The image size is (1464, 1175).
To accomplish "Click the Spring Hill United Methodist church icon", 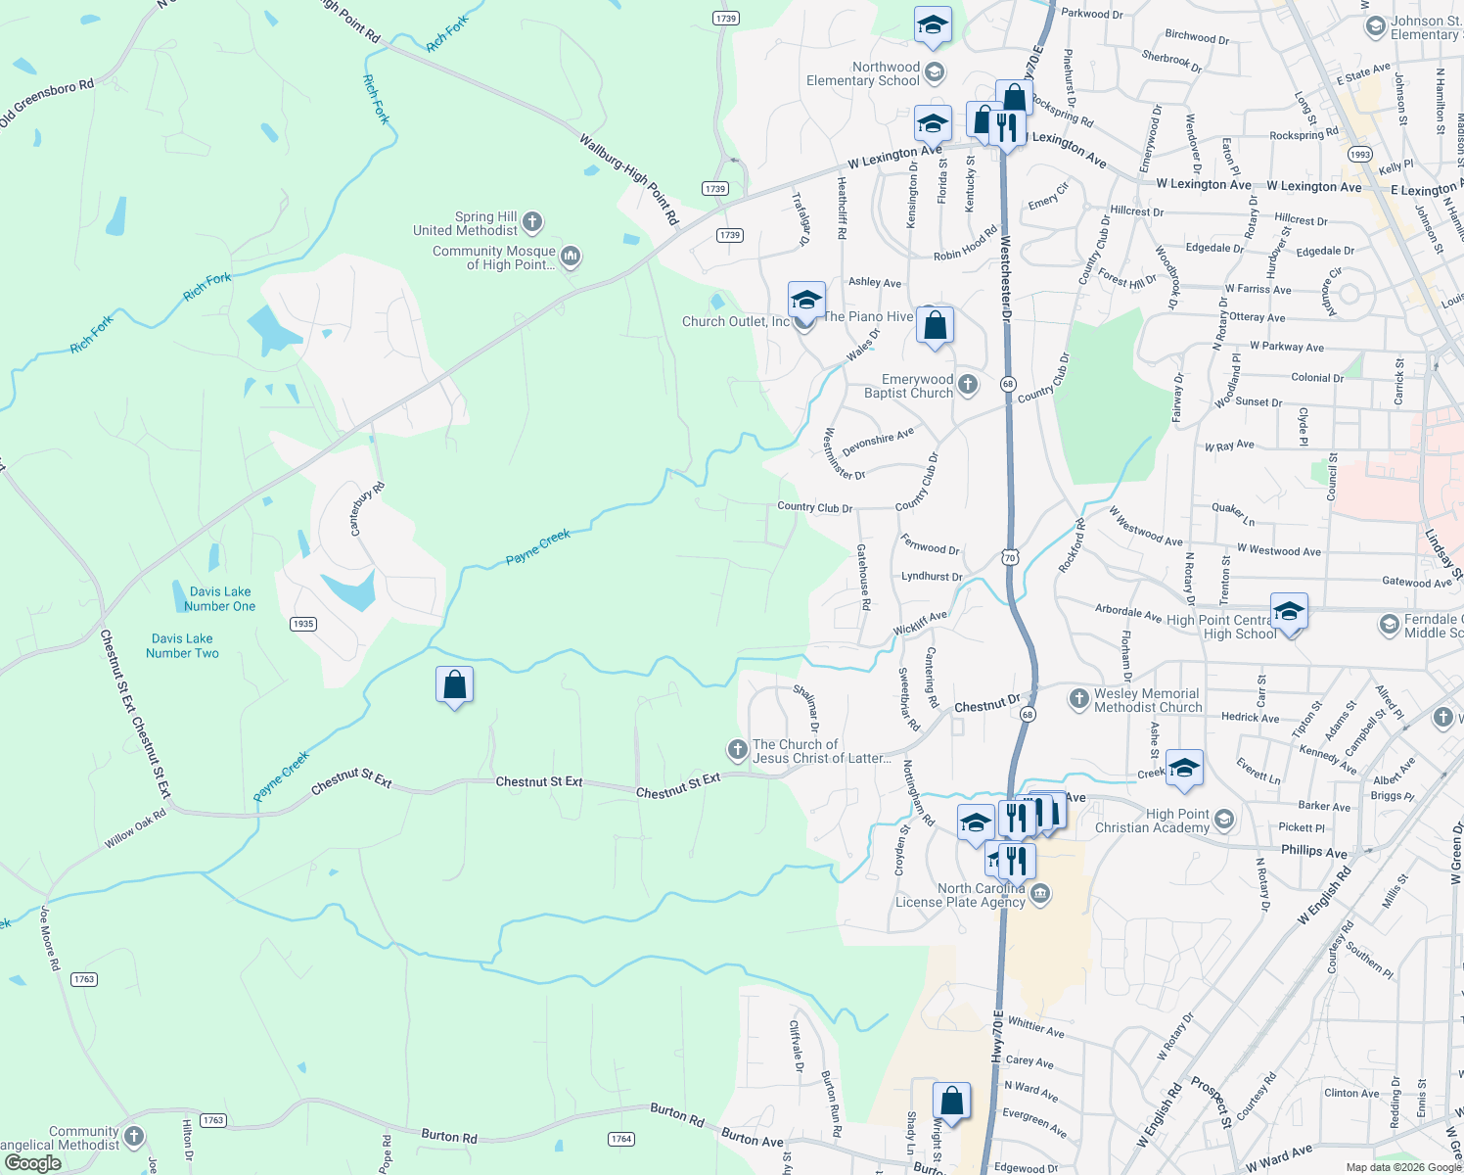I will pyautogui.click(x=532, y=222).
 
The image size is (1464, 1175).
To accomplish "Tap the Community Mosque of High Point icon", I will pyautogui.click(x=571, y=257).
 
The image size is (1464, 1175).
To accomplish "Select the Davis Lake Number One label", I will pyautogui.click(x=220, y=598).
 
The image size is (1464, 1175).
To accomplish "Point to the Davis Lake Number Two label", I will pyautogui.click(x=182, y=645).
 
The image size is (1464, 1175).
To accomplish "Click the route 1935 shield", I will pyautogui.click(x=303, y=624).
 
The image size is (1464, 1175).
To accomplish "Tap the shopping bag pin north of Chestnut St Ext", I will pyautogui.click(x=455, y=684).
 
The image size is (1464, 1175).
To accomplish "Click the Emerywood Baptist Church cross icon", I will pyautogui.click(x=968, y=385).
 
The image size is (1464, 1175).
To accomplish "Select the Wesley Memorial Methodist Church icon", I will pyautogui.click(x=1078, y=699).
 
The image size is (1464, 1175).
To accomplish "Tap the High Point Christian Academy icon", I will pyautogui.click(x=1223, y=820).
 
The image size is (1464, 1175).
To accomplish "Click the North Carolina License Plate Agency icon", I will pyautogui.click(x=1040, y=894).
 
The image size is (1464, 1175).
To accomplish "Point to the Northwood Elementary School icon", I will pyautogui.click(x=935, y=72).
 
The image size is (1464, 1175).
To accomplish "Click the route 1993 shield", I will pyautogui.click(x=1359, y=155).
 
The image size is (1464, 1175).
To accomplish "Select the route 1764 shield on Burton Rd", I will pyautogui.click(x=621, y=1139).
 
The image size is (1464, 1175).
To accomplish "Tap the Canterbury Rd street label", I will pyautogui.click(x=368, y=508).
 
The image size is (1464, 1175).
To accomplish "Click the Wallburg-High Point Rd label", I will pyautogui.click(x=629, y=180).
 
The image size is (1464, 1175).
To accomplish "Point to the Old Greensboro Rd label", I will pyautogui.click(x=48, y=103).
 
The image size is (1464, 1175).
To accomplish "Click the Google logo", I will pyautogui.click(x=33, y=1162).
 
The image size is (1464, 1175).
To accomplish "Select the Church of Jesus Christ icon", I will pyautogui.click(x=737, y=750).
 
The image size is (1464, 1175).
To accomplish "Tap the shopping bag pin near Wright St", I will pyautogui.click(x=951, y=1101).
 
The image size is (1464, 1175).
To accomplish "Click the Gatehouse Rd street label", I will pyautogui.click(x=863, y=578).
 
